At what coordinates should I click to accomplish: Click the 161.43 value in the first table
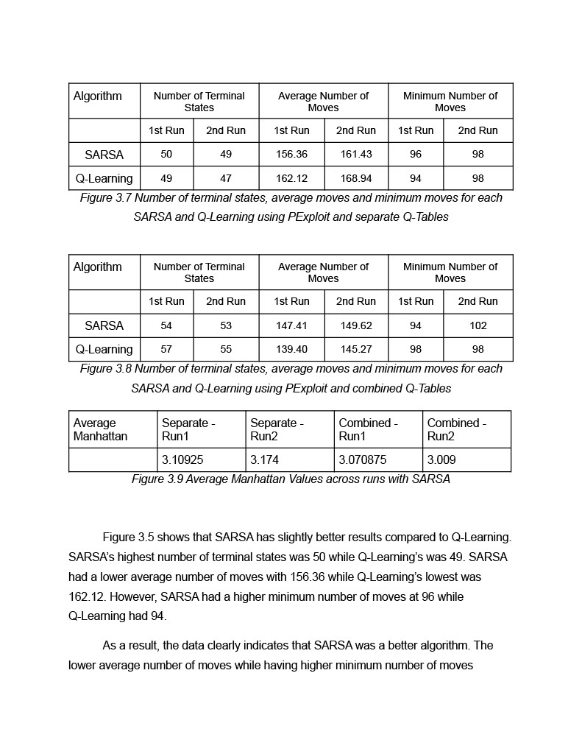[x=356, y=155]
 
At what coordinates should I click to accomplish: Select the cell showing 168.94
[x=356, y=178]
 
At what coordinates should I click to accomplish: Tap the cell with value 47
[x=226, y=178]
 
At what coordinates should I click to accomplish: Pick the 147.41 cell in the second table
[x=291, y=325]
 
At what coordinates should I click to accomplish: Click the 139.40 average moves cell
[x=291, y=349]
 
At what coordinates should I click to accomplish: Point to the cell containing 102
[x=478, y=325]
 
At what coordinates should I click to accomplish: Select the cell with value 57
[x=166, y=349]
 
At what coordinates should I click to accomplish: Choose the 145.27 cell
[x=356, y=349]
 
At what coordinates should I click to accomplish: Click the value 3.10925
[x=182, y=459]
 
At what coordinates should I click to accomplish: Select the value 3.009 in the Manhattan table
[x=441, y=459]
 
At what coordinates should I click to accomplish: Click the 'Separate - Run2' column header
[x=277, y=429]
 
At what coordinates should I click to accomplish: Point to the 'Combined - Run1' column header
[x=368, y=429]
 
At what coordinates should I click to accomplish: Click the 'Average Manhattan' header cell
[x=100, y=429]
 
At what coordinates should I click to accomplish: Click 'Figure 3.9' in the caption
[x=157, y=479]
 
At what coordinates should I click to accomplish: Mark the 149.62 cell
[x=356, y=325]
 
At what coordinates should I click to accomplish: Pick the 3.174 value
[x=265, y=459]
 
